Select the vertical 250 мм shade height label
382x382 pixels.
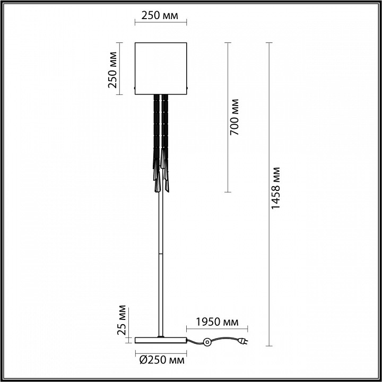point(112,69)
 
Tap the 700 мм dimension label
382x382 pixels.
point(235,117)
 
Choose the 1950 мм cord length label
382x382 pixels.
point(217,322)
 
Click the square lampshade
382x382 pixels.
point(161,68)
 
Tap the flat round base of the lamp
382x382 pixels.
point(161,340)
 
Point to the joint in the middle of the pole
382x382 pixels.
point(161,254)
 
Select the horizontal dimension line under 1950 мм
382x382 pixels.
point(217,329)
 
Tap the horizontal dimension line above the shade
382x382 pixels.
point(161,22)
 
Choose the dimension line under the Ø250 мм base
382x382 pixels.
point(161,353)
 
